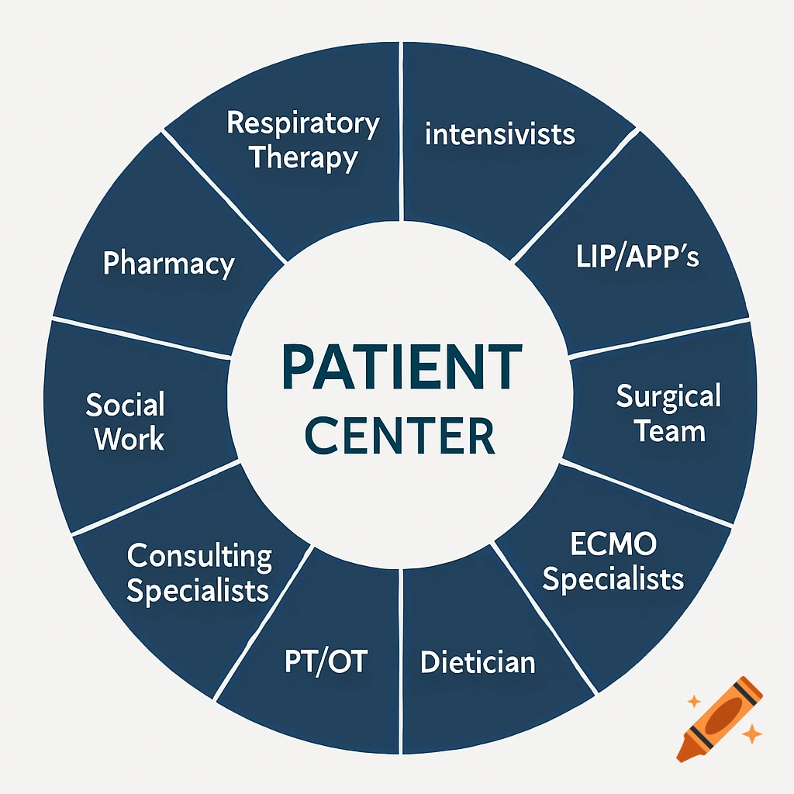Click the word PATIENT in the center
point(400,368)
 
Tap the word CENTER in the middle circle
point(400,436)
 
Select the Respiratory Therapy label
point(303,140)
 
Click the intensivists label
point(500,134)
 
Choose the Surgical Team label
point(668,413)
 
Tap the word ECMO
point(613,544)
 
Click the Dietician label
point(478,662)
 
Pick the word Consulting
point(199,555)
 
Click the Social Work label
point(126,421)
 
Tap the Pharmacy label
point(168,264)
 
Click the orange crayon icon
point(720,718)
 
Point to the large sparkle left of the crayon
point(694,702)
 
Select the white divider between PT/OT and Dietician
point(400,659)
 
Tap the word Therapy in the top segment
point(303,158)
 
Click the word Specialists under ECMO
point(613,578)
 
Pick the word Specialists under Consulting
point(198,591)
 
